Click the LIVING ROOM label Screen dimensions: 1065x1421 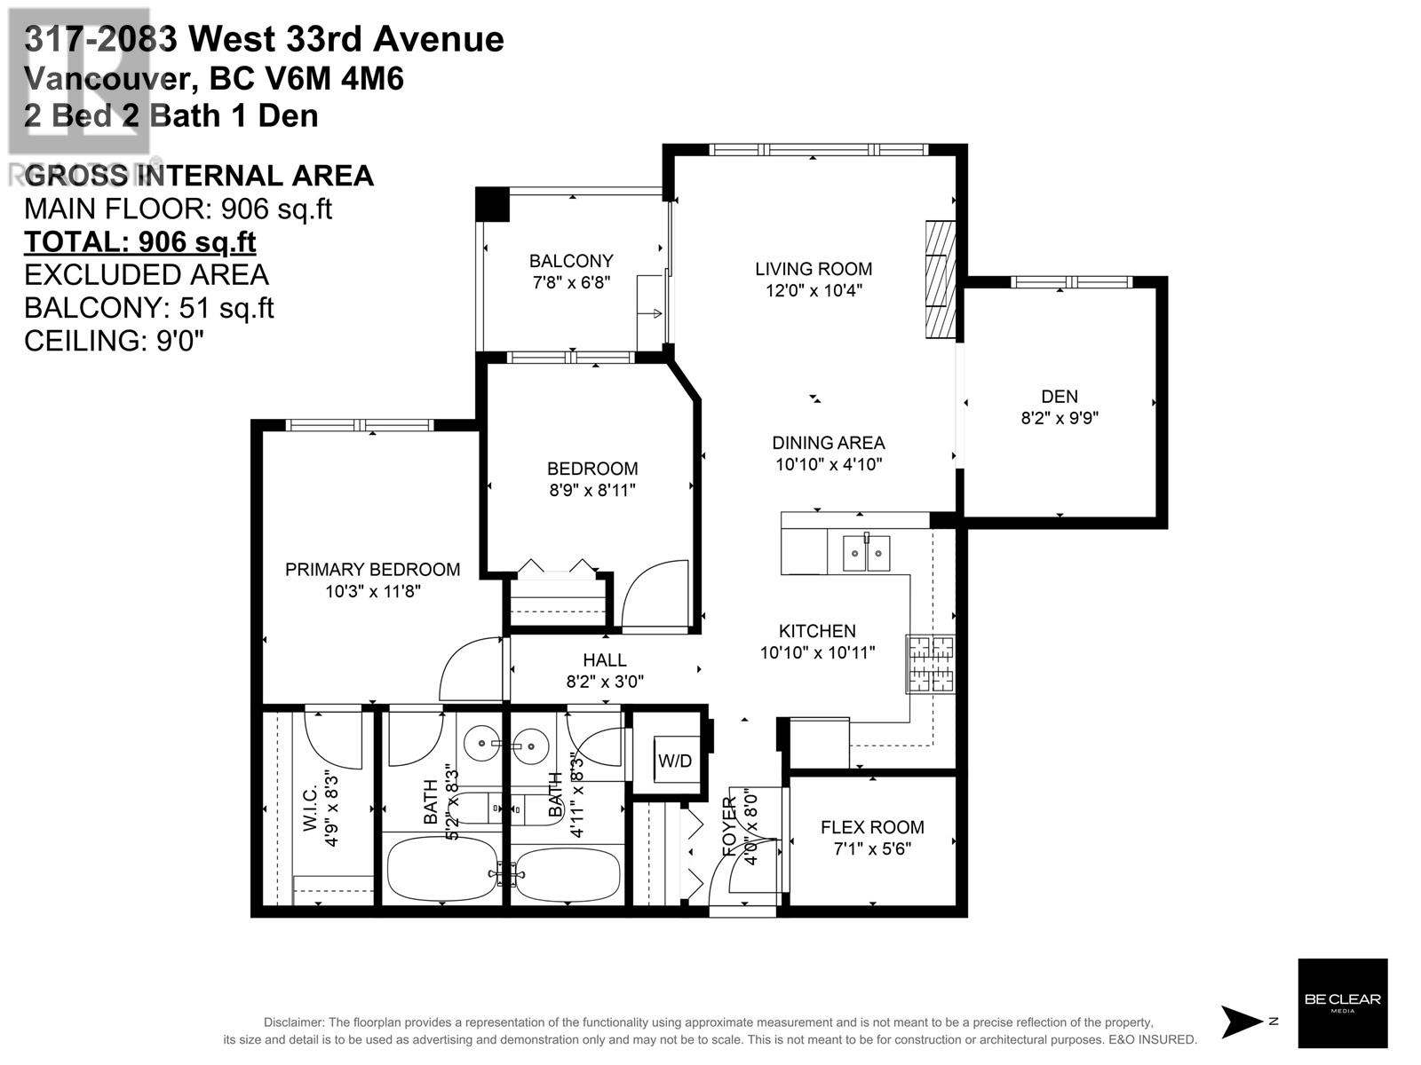point(814,269)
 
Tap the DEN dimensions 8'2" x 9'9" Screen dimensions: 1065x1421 point(1060,418)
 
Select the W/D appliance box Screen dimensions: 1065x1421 point(674,760)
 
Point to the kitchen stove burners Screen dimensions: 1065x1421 point(930,664)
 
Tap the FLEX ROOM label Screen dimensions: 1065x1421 point(872,827)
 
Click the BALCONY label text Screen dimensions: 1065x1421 point(571,261)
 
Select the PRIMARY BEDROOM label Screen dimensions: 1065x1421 point(372,570)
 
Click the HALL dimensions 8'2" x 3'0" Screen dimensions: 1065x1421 point(605,682)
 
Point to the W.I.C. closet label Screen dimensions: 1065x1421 point(311,809)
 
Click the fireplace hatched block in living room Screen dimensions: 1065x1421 point(938,279)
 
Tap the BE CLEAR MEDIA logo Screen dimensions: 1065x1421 point(1342,1003)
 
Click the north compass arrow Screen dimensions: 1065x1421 point(1242,1022)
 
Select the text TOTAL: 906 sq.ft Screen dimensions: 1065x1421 point(139,242)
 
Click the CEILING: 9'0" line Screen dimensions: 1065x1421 point(114,341)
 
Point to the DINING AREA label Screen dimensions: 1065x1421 point(828,443)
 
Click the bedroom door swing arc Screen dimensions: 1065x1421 point(655,593)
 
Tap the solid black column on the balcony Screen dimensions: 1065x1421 point(492,204)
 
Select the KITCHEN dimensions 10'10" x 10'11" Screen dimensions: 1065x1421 point(817,653)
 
